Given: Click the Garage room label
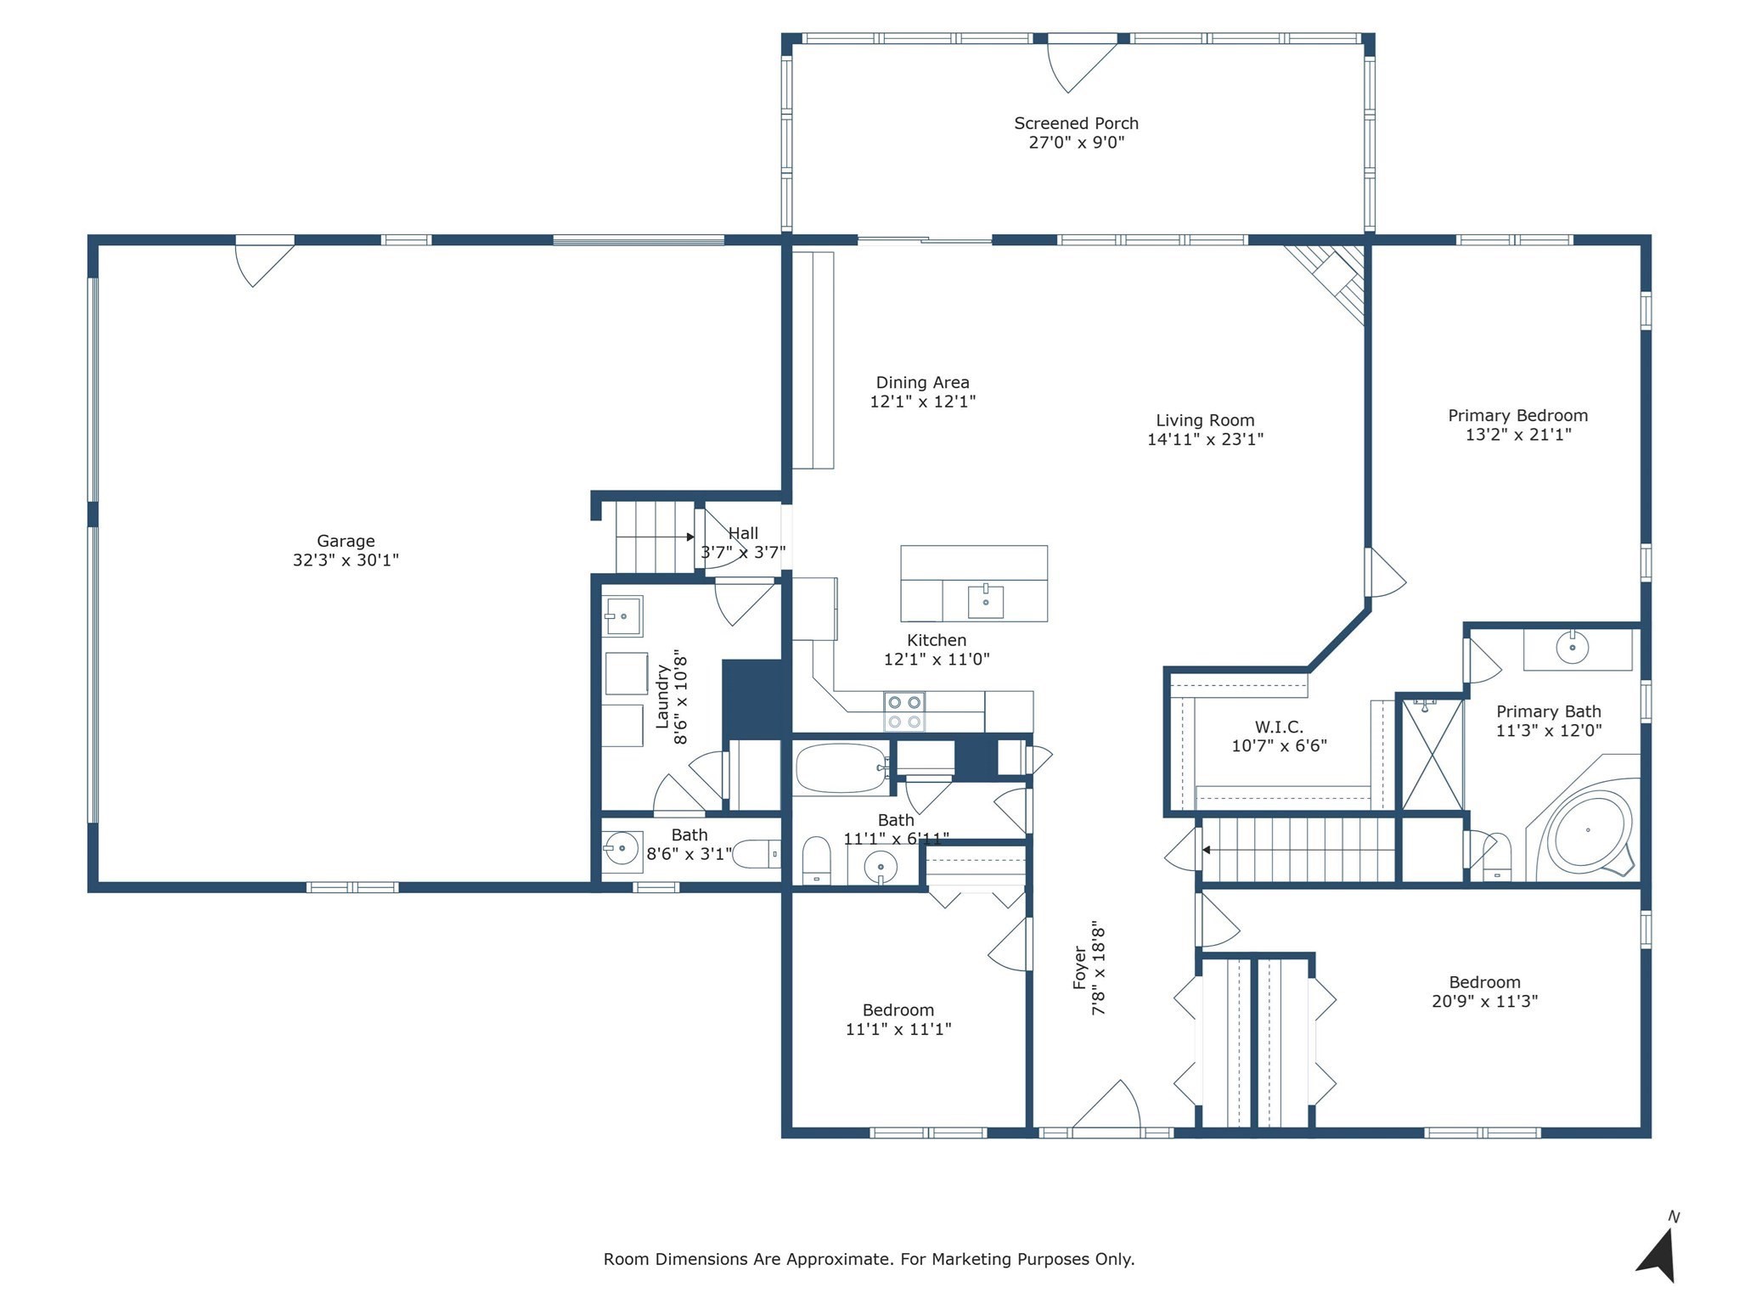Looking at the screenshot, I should click(x=346, y=541).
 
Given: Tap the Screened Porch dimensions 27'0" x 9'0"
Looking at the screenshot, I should click(x=1076, y=143).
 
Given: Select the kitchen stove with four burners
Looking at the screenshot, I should click(x=904, y=711).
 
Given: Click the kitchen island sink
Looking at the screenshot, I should click(x=985, y=601).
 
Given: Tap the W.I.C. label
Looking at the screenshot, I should click(x=1279, y=727).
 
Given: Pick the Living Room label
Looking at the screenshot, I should click(x=1205, y=420).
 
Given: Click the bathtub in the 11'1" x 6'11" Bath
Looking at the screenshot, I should click(x=841, y=768).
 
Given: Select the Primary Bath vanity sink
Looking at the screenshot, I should click(x=1572, y=649).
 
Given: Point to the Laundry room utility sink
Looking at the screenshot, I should click(x=622, y=615).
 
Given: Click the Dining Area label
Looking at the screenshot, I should click(x=922, y=383).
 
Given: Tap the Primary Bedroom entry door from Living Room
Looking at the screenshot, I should click(x=1384, y=573).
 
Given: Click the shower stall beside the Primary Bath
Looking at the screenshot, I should click(x=1432, y=754).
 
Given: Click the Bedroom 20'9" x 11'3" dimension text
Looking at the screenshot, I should click(x=1484, y=1002).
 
